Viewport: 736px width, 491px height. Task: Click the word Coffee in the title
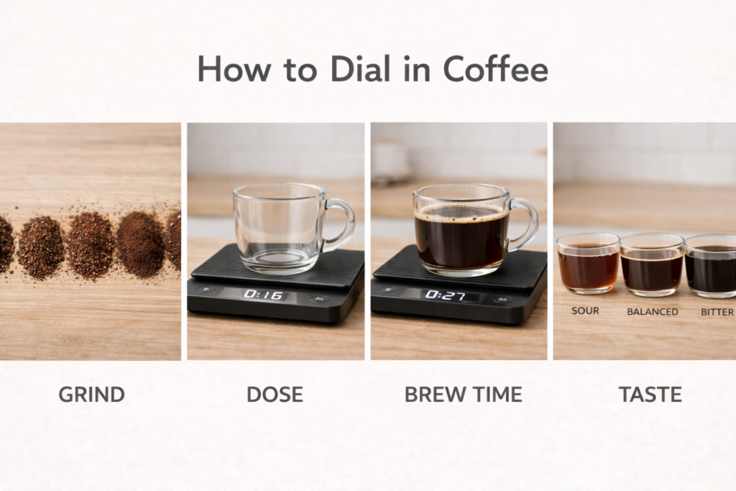click(495, 69)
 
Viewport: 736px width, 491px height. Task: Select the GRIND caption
click(91, 395)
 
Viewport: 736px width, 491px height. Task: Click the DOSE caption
click(275, 395)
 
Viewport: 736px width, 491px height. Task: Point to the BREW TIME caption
click(463, 395)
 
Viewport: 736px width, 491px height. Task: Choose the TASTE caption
click(650, 395)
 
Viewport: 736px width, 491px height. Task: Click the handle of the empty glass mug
click(344, 224)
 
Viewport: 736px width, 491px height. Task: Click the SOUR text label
click(585, 311)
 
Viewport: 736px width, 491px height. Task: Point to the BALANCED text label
click(652, 312)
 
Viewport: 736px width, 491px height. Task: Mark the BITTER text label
click(717, 312)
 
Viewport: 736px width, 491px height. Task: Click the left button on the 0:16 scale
click(206, 291)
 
